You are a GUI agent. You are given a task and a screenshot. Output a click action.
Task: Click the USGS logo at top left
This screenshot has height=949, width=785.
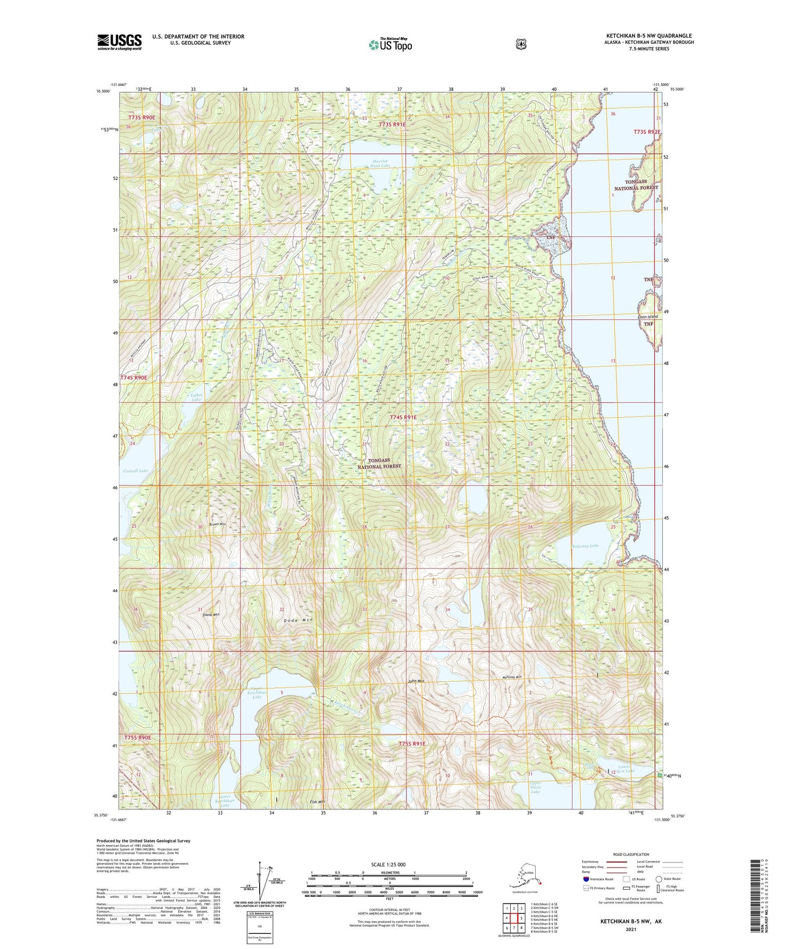pyautogui.click(x=120, y=42)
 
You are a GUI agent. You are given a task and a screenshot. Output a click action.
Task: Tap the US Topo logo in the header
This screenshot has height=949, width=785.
pyautogui.click(x=390, y=45)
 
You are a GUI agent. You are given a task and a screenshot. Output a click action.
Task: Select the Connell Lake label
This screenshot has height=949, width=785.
pyautogui.click(x=135, y=471)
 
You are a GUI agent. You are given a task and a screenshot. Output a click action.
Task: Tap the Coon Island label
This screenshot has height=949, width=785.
pyautogui.click(x=648, y=316)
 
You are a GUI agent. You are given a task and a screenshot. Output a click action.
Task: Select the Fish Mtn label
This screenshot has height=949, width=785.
pyautogui.click(x=317, y=802)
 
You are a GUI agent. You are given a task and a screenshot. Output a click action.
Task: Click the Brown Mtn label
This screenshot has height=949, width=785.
pyautogui.click(x=218, y=524)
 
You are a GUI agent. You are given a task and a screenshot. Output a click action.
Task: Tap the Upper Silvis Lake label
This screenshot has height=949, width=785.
pyautogui.click(x=535, y=788)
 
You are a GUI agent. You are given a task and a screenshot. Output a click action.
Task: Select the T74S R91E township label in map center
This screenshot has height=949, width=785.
pyautogui.click(x=404, y=417)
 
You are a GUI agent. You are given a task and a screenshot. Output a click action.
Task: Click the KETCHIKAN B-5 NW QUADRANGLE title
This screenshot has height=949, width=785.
pyautogui.click(x=649, y=36)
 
